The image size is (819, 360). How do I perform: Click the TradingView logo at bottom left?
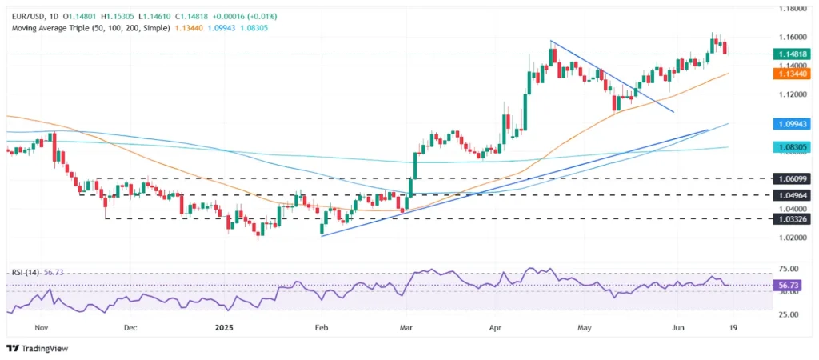[38, 348]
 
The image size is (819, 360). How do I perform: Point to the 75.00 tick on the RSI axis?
[792, 270]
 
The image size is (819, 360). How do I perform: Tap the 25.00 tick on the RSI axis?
[792, 314]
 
